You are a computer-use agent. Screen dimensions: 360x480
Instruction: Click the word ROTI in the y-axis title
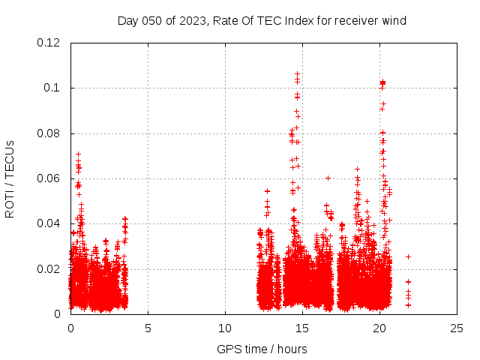(10, 202)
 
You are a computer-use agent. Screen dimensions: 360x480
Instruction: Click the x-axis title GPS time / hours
(262, 349)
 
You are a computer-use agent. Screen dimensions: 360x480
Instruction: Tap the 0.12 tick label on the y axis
(51, 43)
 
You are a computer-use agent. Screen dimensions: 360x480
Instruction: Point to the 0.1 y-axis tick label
(54, 88)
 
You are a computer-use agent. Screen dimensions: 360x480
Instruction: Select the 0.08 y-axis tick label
(51, 133)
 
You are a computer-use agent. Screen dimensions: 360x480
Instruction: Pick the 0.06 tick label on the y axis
(51, 178)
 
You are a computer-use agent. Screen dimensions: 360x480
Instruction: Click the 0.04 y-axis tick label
(51, 223)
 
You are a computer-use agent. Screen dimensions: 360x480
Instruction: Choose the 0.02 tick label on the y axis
(51, 268)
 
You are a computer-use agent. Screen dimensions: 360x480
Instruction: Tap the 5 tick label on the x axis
(148, 328)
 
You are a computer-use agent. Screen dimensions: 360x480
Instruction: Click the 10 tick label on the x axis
(225, 328)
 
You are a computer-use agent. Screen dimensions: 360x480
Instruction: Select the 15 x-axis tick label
(302, 328)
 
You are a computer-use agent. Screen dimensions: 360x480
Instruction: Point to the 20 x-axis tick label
(379, 328)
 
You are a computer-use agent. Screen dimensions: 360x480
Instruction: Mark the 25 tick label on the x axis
(457, 328)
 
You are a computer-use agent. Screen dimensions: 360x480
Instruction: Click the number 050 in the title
(153, 20)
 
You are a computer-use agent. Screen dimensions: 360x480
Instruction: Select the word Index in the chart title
(295, 20)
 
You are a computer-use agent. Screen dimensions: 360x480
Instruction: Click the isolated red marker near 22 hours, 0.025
(408, 256)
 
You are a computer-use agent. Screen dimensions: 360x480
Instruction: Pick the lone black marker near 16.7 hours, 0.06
(328, 178)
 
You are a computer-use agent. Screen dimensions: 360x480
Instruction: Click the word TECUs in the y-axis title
(10, 158)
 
